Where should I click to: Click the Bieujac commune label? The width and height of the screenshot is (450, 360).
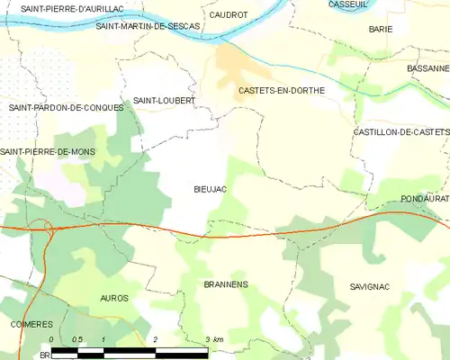(x=210, y=190)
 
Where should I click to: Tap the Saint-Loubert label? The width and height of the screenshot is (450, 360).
(x=164, y=101)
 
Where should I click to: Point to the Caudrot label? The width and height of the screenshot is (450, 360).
(x=228, y=15)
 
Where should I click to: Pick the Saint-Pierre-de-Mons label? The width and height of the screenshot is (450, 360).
(x=54, y=152)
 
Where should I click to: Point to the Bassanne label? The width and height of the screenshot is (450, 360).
(x=427, y=68)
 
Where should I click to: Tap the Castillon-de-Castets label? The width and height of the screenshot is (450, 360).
(x=400, y=132)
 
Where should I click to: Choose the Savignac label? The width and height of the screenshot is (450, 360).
(x=369, y=286)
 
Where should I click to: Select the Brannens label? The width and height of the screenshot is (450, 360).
(x=226, y=284)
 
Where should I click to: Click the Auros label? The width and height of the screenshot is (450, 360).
(x=114, y=298)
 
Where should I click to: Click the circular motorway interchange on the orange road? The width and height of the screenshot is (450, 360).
(x=43, y=227)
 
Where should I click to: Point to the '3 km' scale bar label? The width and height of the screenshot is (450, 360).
(x=214, y=339)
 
